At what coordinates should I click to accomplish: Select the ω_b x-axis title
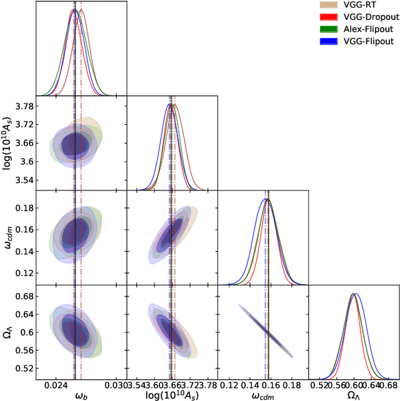[x=81, y=395]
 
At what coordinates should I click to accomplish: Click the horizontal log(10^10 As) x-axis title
[x=172, y=395]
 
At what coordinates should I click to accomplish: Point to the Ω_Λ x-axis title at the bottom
[x=353, y=395]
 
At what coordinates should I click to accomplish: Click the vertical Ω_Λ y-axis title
[x=7, y=331]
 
